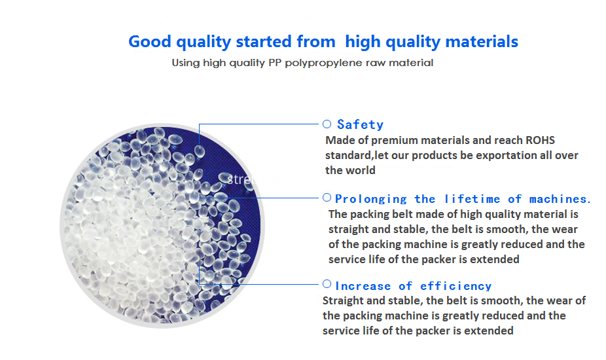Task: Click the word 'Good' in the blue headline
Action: [150, 41]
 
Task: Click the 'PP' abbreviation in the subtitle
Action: [275, 63]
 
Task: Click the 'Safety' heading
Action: [360, 124]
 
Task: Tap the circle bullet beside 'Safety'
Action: [327, 124]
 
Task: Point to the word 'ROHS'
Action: [541, 140]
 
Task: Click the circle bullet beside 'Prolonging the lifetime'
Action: [327, 198]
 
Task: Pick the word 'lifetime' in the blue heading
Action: [472, 199]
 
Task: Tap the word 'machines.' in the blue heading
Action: [560, 199]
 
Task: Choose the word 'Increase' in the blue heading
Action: [363, 286]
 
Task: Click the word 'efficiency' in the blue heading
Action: [455, 286]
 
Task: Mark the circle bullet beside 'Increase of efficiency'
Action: [327, 284]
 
